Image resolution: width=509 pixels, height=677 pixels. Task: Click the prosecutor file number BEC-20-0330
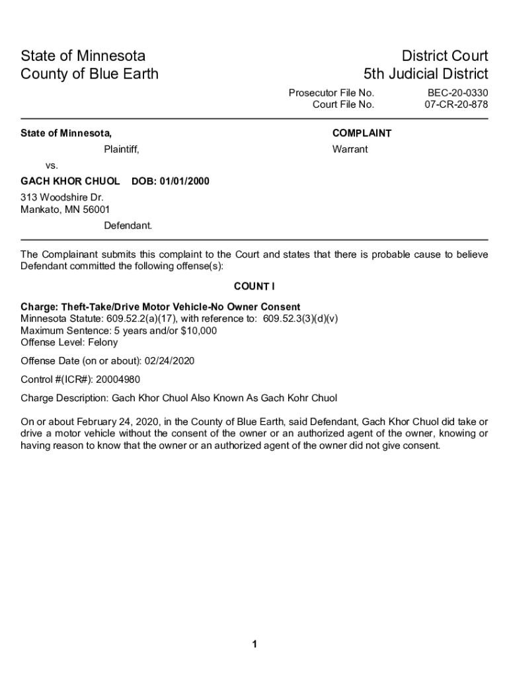[x=457, y=93]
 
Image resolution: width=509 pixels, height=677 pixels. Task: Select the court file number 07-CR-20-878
[x=456, y=104]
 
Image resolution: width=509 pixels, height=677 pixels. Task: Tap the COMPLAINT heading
[x=362, y=134]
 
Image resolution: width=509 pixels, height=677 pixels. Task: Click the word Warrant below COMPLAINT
[x=350, y=149]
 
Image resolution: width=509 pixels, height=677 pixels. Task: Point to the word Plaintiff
[x=121, y=149]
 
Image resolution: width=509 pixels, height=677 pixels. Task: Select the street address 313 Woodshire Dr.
[x=62, y=197]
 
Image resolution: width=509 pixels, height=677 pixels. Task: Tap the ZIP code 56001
[x=96, y=210]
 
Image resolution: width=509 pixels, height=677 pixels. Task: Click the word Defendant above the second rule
[x=128, y=225]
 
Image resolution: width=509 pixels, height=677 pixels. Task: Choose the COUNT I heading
[x=255, y=286]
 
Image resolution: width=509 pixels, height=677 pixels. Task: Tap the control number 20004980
[x=117, y=379]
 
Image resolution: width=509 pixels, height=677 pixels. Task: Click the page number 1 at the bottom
[x=255, y=645]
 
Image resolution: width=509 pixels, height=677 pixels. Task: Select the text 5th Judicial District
[x=426, y=74]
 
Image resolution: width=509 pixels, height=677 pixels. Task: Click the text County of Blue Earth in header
[x=90, y=74]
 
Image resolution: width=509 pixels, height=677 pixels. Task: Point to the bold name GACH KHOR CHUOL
[x=70, y=181]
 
